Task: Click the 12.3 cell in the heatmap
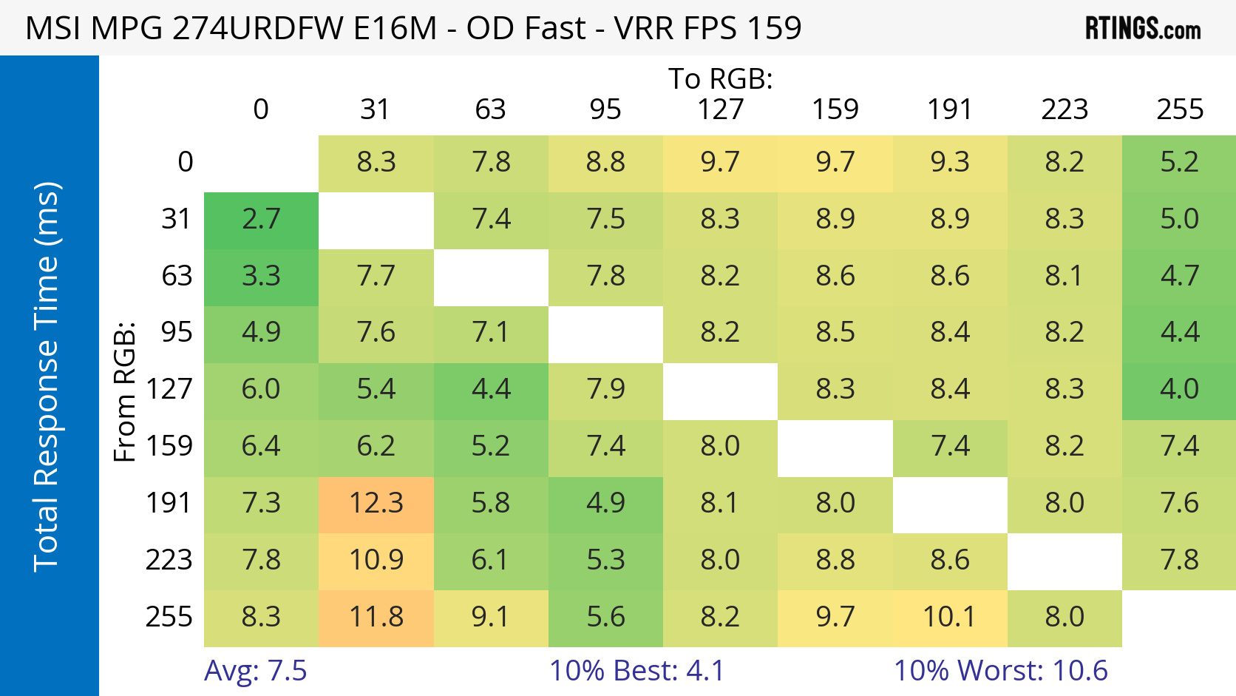pyautogui.click(x=376, y=504)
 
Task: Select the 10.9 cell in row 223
pyautogui.click(x=376, y=561)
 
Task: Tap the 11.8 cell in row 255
pyautogui.click(x=376, y=618)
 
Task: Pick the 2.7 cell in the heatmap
pyautogui.click(x=261, y=220)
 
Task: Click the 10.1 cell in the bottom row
pyautogui.click(x=950, y=618)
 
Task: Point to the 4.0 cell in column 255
pyautogui.click(x=1179, y=390)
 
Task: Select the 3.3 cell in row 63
pyautogui.click(x=261, y=277)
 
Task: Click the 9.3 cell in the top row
pyautogui.click(x=950, y=163)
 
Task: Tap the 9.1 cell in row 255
pyautogui.click(x=491, y=618)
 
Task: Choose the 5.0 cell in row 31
pyautogui.click(x=1179, y=220)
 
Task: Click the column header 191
pyautogui.click(x=950, y=109)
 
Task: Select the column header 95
pyautogui.click(x=605, y=109)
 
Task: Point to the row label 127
pyautogui.click(x=169, y=390)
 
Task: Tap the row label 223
pyautogui.click(x=169, y=561)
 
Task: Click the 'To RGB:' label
pyautogui.click(x=721, y=78)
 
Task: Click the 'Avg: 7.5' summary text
pyautogui.click(x=255, y=671)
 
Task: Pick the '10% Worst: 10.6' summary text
pyautogui.click(x=1001, y=671)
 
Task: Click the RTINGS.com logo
pyautogui.click(x=1142, y=29)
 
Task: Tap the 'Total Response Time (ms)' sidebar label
pyautogui.click(x=46, y=376)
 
